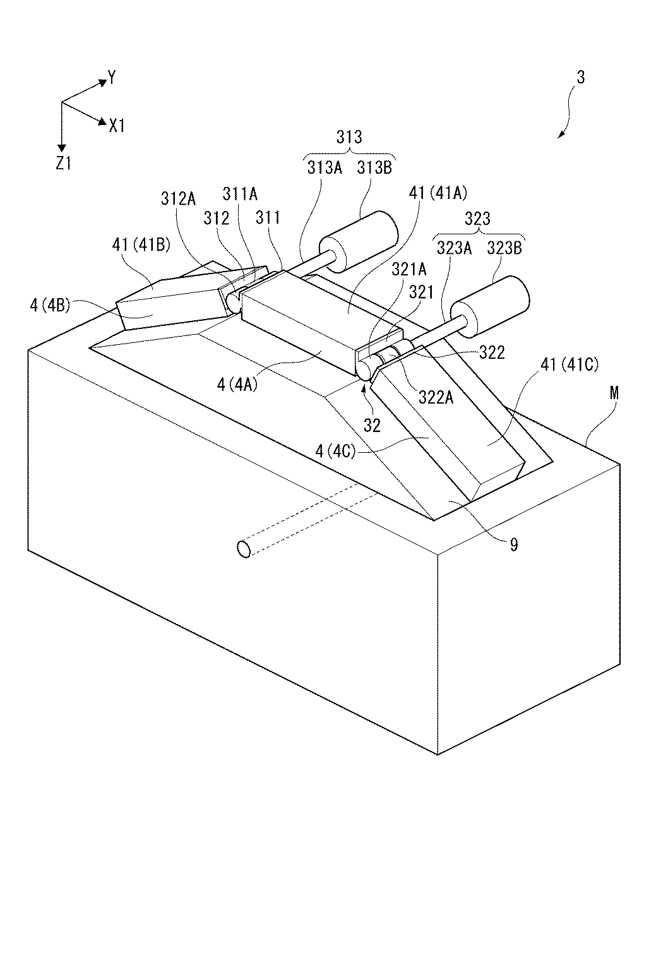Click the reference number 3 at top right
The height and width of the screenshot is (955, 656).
pos(580,77)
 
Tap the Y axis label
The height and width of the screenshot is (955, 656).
pos(112,78)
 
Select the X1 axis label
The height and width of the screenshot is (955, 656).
pos(117,126)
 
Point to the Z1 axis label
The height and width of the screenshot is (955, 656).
pos(63,164)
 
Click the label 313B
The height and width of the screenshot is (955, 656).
pos(374,167)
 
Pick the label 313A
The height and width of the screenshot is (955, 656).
pos(325,167)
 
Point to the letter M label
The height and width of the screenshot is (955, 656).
pos(614,393)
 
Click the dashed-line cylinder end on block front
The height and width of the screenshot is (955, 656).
pos(244,549)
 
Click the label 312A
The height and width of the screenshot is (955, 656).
pos(179,200)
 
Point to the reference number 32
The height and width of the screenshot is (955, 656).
pos(373,425)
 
